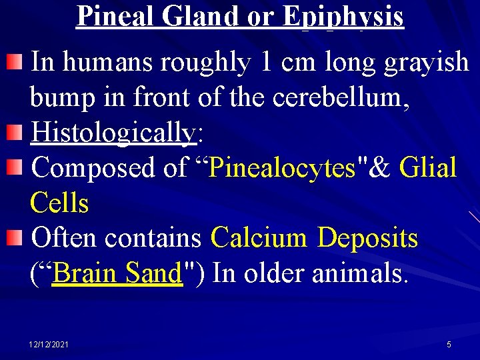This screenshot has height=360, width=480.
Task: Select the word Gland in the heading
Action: tap(201, 16)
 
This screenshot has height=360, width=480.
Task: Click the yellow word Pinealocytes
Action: tap(282, 168)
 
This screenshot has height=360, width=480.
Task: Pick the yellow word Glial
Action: tap(427, 168)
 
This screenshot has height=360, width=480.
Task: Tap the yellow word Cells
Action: tap(59, 203)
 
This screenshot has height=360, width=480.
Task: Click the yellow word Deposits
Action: tap(367, 237)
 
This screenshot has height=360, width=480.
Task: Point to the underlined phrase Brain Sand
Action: tap(117, 273)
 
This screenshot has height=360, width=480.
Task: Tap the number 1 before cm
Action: tap(267, 63)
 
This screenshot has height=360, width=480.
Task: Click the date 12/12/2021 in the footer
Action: tap(49, 345)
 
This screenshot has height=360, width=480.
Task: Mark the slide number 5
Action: tap(449, 345)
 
